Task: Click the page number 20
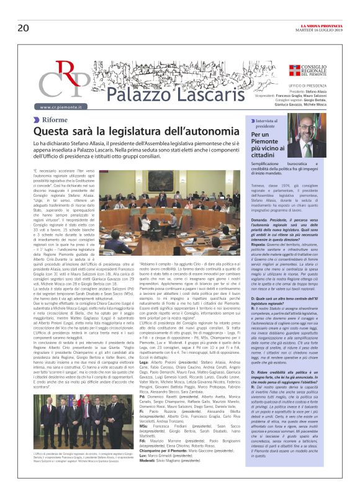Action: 24,11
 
